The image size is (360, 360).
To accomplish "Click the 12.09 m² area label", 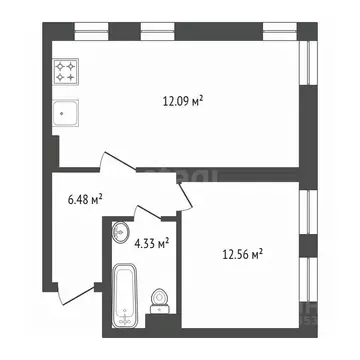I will (x=183, y=100).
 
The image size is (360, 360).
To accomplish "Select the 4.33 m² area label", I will (x=150, y=241).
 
